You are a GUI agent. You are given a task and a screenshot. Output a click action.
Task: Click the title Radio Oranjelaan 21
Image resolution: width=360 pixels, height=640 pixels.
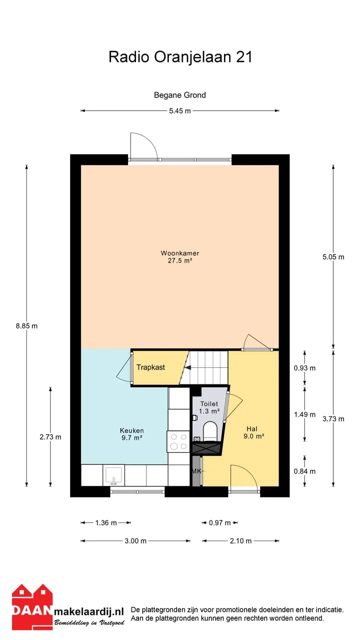180,57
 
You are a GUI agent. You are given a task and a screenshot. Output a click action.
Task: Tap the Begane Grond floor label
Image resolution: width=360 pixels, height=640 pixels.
179,95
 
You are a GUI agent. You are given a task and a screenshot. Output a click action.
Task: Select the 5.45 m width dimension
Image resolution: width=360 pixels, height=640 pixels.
179,111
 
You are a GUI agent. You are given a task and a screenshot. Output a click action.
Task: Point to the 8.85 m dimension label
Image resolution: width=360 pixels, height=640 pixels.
26,326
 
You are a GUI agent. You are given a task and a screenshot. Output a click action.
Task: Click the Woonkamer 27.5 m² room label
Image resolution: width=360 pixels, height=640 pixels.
179,256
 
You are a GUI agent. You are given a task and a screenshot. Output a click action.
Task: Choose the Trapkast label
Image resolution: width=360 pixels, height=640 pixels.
150,367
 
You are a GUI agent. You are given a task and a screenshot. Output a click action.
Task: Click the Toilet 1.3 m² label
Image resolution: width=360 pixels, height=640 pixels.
209,407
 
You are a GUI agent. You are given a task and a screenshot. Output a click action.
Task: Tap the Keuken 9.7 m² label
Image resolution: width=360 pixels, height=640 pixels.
131,434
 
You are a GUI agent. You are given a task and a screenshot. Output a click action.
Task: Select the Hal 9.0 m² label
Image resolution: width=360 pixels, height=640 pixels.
253,432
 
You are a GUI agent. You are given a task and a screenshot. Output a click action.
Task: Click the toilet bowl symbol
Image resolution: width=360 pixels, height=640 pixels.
210,430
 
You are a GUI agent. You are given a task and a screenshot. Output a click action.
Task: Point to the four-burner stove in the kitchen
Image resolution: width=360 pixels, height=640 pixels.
178,441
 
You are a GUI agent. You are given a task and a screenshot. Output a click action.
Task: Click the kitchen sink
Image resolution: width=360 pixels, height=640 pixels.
113,475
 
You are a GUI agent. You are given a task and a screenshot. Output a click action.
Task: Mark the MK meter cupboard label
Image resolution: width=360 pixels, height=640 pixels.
196,471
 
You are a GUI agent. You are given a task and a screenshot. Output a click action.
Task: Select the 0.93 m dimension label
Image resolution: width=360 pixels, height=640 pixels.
304,368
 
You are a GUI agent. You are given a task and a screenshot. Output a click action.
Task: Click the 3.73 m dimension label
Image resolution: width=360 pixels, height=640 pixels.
333,419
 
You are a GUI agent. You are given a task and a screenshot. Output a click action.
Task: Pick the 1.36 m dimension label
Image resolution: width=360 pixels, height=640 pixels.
106,522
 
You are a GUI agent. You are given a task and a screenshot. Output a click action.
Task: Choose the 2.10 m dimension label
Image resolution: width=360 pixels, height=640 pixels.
240,540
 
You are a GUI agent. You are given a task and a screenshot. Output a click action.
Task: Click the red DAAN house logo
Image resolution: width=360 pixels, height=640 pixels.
32,607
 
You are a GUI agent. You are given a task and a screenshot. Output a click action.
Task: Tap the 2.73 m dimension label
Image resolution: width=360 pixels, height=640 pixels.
50,437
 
